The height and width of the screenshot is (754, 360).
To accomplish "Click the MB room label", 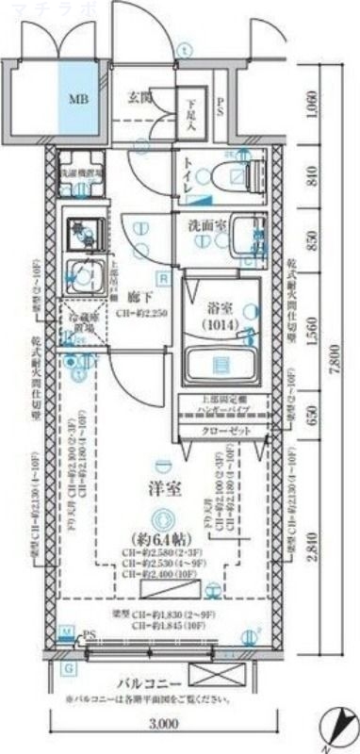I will (74, 97).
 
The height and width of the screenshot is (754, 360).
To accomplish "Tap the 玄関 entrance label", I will (141, 95).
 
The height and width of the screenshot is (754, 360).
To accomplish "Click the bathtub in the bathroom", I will (219, 363).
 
